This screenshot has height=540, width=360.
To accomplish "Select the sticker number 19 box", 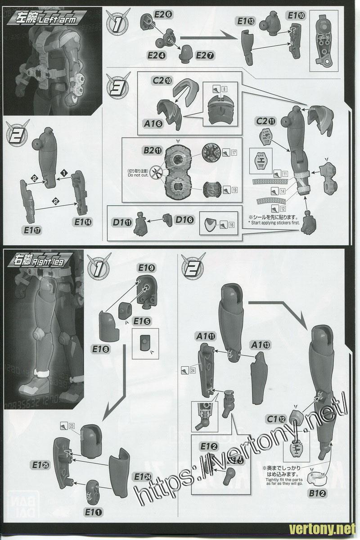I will [234, 190].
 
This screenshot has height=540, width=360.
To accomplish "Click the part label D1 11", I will [122, 221].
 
